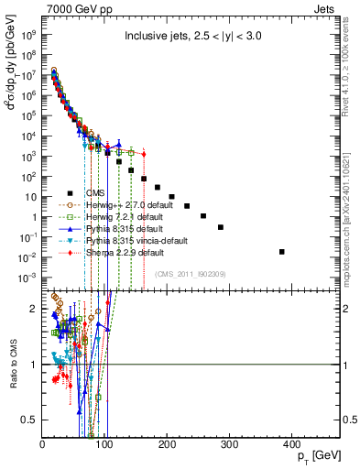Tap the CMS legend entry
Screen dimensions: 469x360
tap(96, 192)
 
